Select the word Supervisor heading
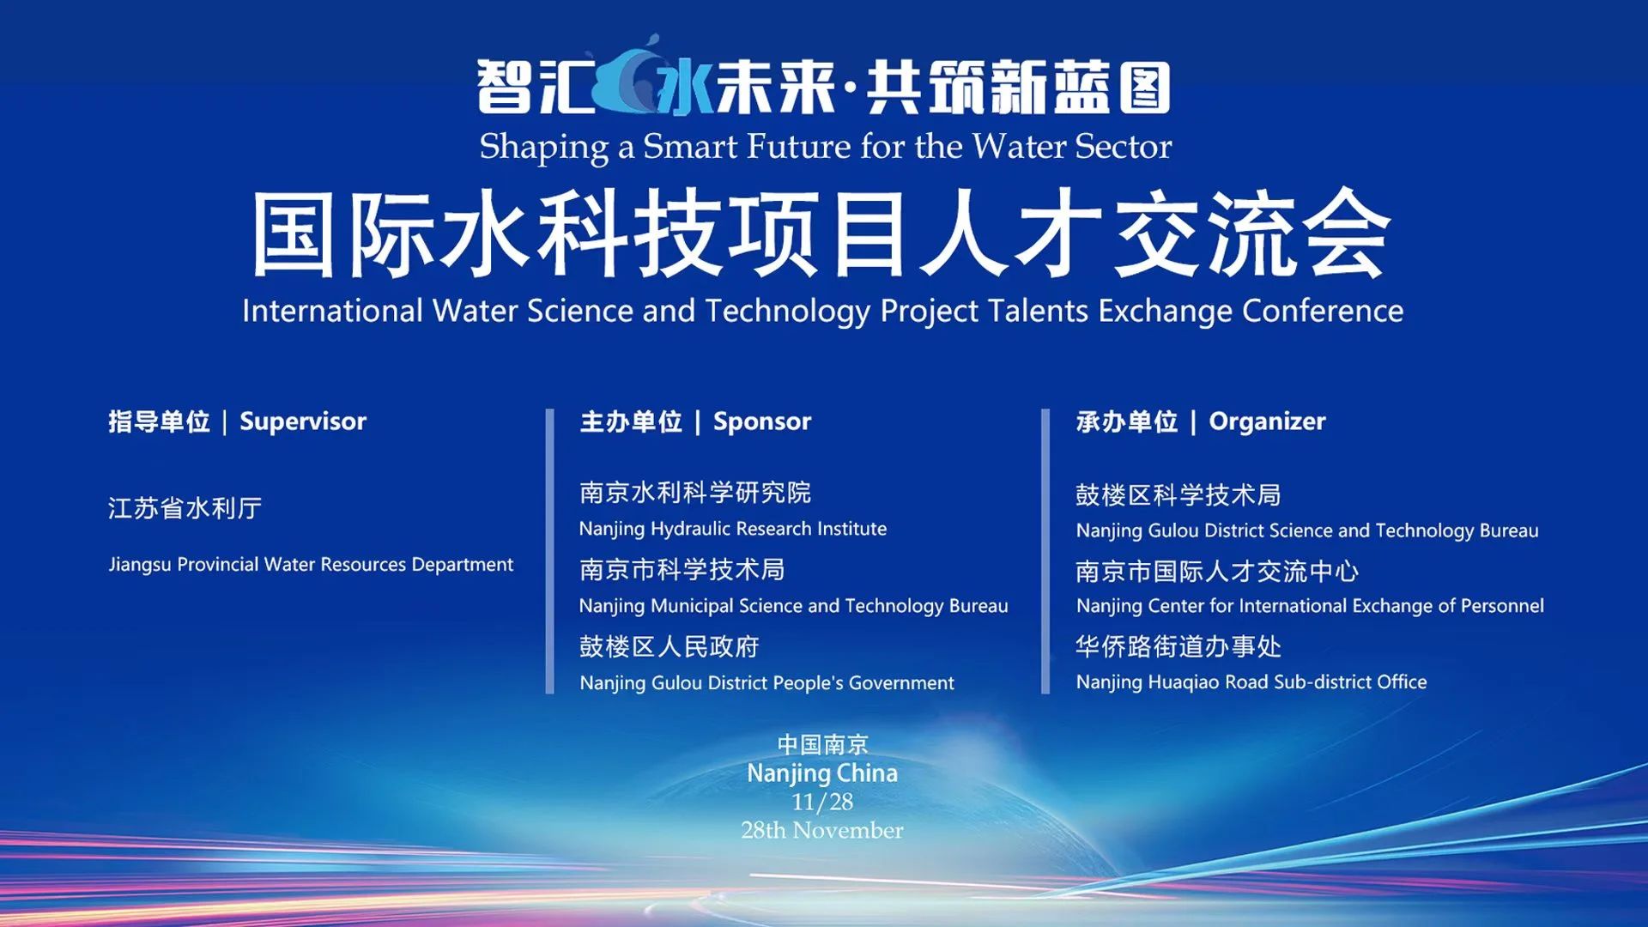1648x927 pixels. [303, 421]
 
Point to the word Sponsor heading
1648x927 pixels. [762, 421]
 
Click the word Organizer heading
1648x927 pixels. [1267, 421]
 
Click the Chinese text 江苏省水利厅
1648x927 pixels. [185, 508]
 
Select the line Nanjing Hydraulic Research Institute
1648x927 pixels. [733, 529]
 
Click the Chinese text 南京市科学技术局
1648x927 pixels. [682, 569]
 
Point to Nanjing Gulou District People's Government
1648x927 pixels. [766, 683]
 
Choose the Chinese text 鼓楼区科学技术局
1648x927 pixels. [1178, 494]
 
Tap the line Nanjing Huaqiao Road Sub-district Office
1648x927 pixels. [1251, 682]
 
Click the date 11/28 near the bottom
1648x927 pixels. [822, 802]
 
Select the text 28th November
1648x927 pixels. [822, 830]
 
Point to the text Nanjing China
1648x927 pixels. [822, 773]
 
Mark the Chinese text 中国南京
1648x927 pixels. [822, 744]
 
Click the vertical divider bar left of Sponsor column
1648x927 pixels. [550, 551]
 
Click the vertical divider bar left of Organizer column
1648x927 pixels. [1045, 551]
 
